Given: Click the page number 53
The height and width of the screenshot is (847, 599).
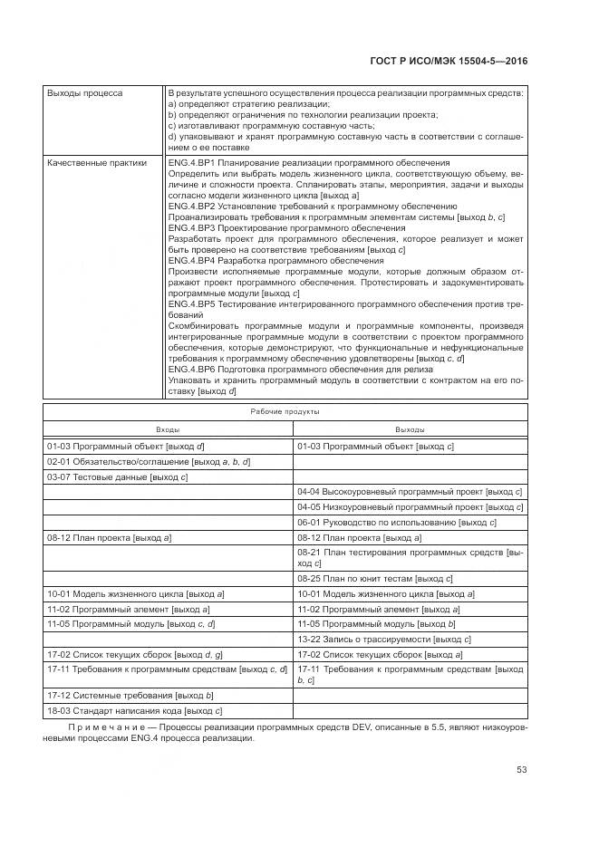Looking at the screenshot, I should pyautogui.click(x=522, y=770).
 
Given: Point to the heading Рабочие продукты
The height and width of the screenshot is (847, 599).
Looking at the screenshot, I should pyautogui.click(x=285, y=411).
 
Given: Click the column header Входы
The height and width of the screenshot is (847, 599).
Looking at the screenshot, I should pyautogui.click(x=168, y=429).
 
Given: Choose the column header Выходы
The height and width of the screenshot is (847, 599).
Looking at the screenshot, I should pyautogui.click(x=410, y=429).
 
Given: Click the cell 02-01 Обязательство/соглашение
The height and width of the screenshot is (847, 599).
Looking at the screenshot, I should pyautogui.click(x=148, y=462).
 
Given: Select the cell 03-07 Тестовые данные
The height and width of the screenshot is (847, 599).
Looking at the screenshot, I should pyautogui.click(x=117, y=476).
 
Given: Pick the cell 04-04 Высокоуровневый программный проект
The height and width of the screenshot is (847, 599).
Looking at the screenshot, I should pyautogui.click(x=410, y=492).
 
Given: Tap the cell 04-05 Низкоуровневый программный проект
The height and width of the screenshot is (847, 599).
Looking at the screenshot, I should pyautogui.click(x=410, y=507).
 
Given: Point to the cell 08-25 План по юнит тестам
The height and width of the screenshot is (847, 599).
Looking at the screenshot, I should pyautogui.click(x=374, y=578).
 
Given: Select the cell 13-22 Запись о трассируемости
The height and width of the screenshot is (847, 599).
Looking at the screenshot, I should pyautogui.click(x=384, y=639).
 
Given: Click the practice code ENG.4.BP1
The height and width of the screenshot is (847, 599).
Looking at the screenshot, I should pyautogui.click(x=190, y=162).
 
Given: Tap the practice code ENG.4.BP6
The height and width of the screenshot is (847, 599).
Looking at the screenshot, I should pyautogui.click(x=190, y=371).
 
